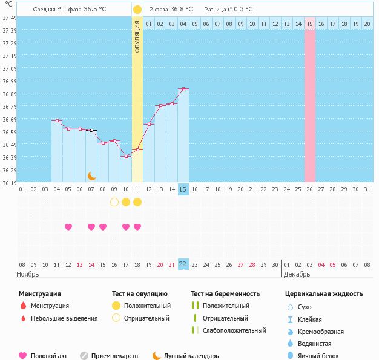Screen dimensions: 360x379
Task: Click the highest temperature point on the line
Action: (x=183, y=89)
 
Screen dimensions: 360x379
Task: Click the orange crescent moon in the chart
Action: (x=91, y=176)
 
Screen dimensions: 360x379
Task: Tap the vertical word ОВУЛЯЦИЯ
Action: (x=137, y=36)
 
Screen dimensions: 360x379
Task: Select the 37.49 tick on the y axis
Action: (x=9, y=18)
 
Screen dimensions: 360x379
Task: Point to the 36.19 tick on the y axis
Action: (x=9, y=182)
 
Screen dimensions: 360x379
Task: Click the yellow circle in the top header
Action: (x=137, y=10)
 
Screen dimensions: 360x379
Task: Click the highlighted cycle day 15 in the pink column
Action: (x=309, y=24)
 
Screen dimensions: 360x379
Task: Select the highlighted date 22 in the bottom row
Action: (x=183, y=264)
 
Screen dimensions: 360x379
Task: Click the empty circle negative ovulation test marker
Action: (x=114, y=202)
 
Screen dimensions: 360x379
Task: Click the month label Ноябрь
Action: (x=28, y=273)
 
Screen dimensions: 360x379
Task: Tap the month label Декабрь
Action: (x=297, y=273)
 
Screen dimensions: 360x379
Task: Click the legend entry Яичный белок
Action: (x=323, y=356)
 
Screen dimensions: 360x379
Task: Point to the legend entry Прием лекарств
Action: (x=114, y=356)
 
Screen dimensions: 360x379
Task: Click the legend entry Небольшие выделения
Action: (x=64, y=318)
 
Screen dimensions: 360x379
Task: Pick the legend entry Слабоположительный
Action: (x=234, y=330)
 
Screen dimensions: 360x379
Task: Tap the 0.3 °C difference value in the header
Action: (x=242, y=10)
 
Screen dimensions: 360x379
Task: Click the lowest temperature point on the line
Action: (x=126, y=156)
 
